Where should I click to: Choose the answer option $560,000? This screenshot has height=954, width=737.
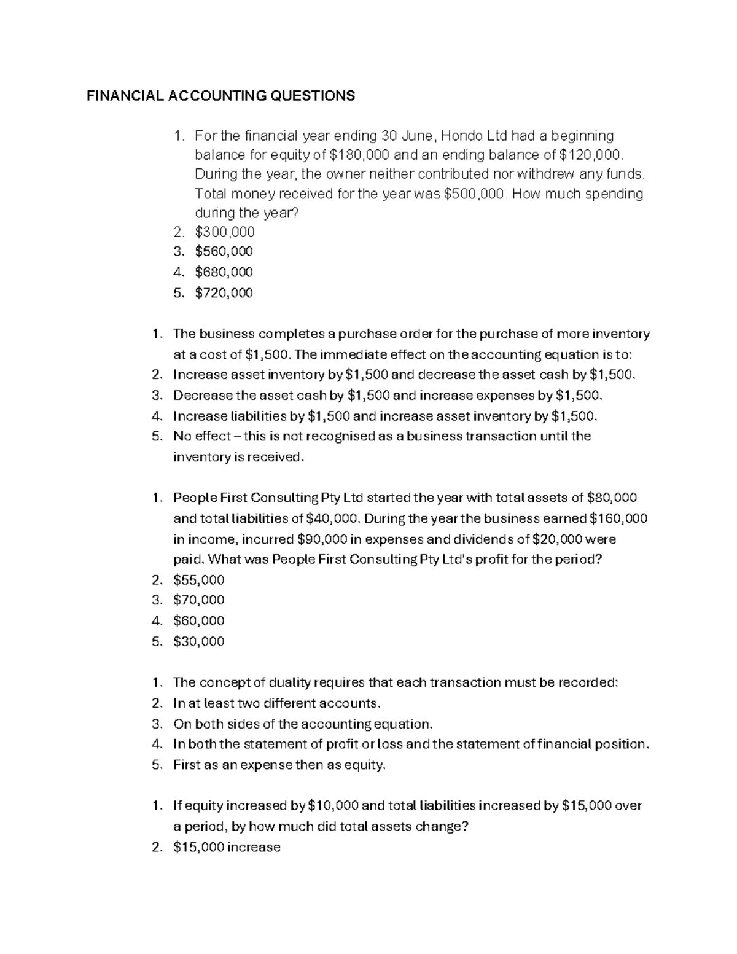coord(224,252)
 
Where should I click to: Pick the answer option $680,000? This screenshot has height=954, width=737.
coord(224,272)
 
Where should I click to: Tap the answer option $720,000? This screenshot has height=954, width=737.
coord(224,293)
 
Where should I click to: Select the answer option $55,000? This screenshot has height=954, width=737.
coord(199,581)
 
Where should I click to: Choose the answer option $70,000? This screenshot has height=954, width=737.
coord(199,600)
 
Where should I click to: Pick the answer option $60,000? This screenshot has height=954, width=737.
coord(199,621)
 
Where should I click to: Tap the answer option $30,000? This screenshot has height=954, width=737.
coord(199,642)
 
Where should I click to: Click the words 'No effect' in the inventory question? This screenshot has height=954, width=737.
coord(198,437)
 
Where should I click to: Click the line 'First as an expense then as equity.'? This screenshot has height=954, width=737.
coord(281,765)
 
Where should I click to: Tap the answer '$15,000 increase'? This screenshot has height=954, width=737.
coord(227,848)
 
